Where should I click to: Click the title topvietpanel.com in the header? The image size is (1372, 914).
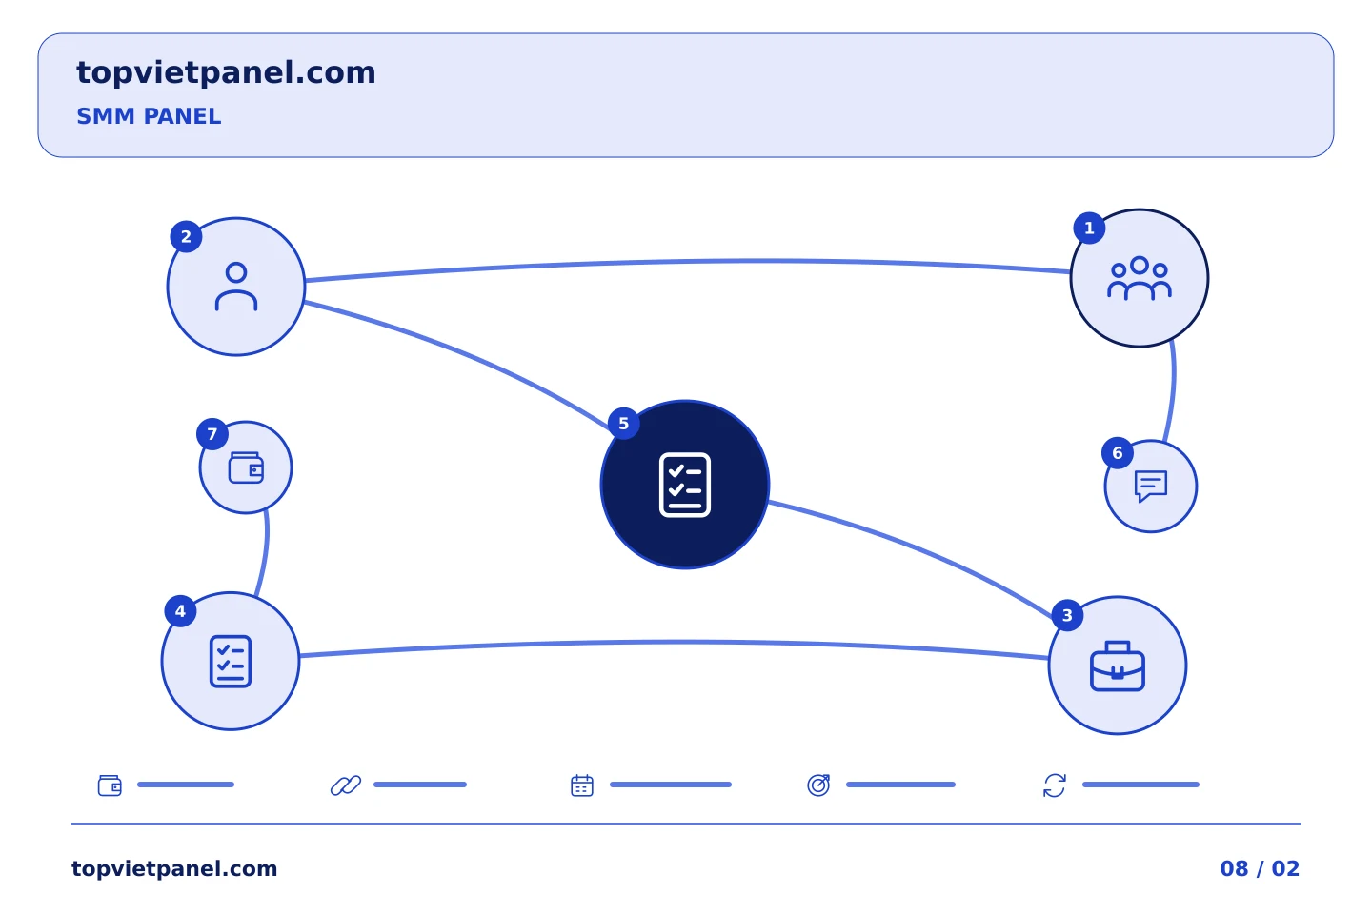point(226,73)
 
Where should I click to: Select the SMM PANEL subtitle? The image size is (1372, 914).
point(149,116)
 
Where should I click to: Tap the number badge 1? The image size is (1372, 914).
point(1089,228)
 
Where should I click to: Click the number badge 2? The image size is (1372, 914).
point(186,237)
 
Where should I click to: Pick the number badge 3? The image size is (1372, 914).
point(1067,615)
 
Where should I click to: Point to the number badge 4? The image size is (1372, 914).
point(180,611)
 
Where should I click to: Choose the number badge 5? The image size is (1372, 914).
point(623,424)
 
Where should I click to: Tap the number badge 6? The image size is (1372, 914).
point(1118,453)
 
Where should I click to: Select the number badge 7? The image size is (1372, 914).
point(212,434)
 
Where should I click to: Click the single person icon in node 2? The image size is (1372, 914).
point(236,287)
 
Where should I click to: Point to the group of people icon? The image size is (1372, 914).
point(1140,279)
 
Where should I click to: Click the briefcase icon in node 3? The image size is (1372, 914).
point(1118,666)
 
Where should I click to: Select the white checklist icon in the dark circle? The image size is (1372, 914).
point(685,485)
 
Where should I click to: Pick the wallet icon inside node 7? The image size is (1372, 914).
point(246,467)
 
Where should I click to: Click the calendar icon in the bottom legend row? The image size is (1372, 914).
point(582,785)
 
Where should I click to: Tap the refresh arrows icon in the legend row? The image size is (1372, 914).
point(1054,785)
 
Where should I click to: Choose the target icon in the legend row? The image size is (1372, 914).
point(818,785)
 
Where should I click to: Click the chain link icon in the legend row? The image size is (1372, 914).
point(346,785)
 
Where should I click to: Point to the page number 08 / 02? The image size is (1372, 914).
point(1260,868)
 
